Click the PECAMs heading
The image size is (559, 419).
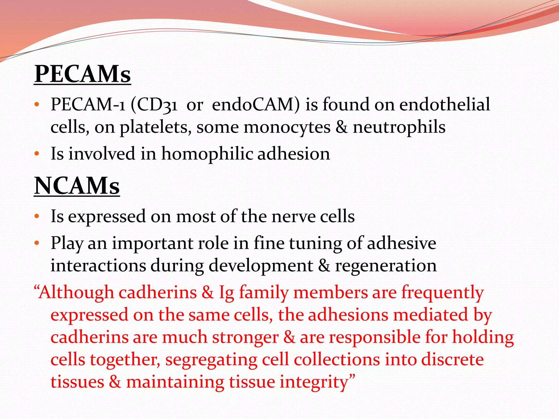coord(82,74)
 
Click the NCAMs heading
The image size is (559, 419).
coord(77,186)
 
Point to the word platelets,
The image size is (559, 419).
coord(156,127)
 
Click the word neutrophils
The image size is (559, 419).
coord(399,127)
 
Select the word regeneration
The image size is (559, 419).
coord(386,265)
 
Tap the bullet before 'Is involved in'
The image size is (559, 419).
coord(37,154)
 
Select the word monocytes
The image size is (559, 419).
coord(287,127)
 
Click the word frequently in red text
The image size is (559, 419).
coord(442,292)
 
